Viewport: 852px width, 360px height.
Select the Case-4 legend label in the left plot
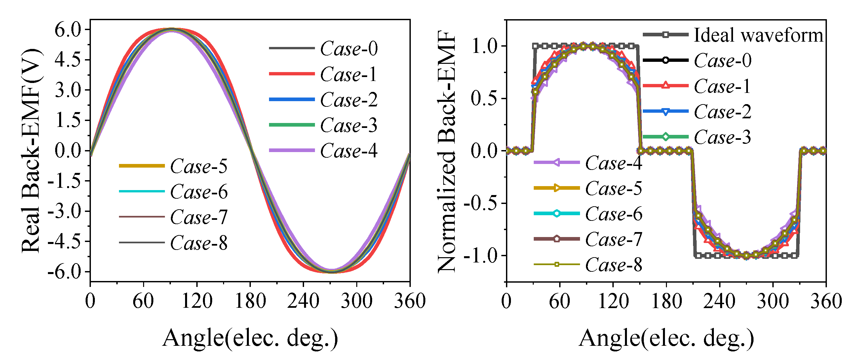point(349,151)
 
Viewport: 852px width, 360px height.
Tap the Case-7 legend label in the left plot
point(199,218)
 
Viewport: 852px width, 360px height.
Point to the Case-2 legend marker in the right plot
point(666,111)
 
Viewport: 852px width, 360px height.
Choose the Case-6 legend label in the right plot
point(614,214)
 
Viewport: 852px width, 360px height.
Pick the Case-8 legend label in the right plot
point(614,265)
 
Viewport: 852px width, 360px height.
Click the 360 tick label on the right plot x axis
point(826,301)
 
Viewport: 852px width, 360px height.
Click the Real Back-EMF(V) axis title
point(31,150)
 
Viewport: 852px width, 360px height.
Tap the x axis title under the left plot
point(251,338)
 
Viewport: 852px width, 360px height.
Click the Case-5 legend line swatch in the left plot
point(142,166)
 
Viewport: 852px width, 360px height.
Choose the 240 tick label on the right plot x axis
point(719,301)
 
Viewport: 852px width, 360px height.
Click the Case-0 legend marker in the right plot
point(666,60)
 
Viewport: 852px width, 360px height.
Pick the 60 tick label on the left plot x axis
point(143,301)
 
